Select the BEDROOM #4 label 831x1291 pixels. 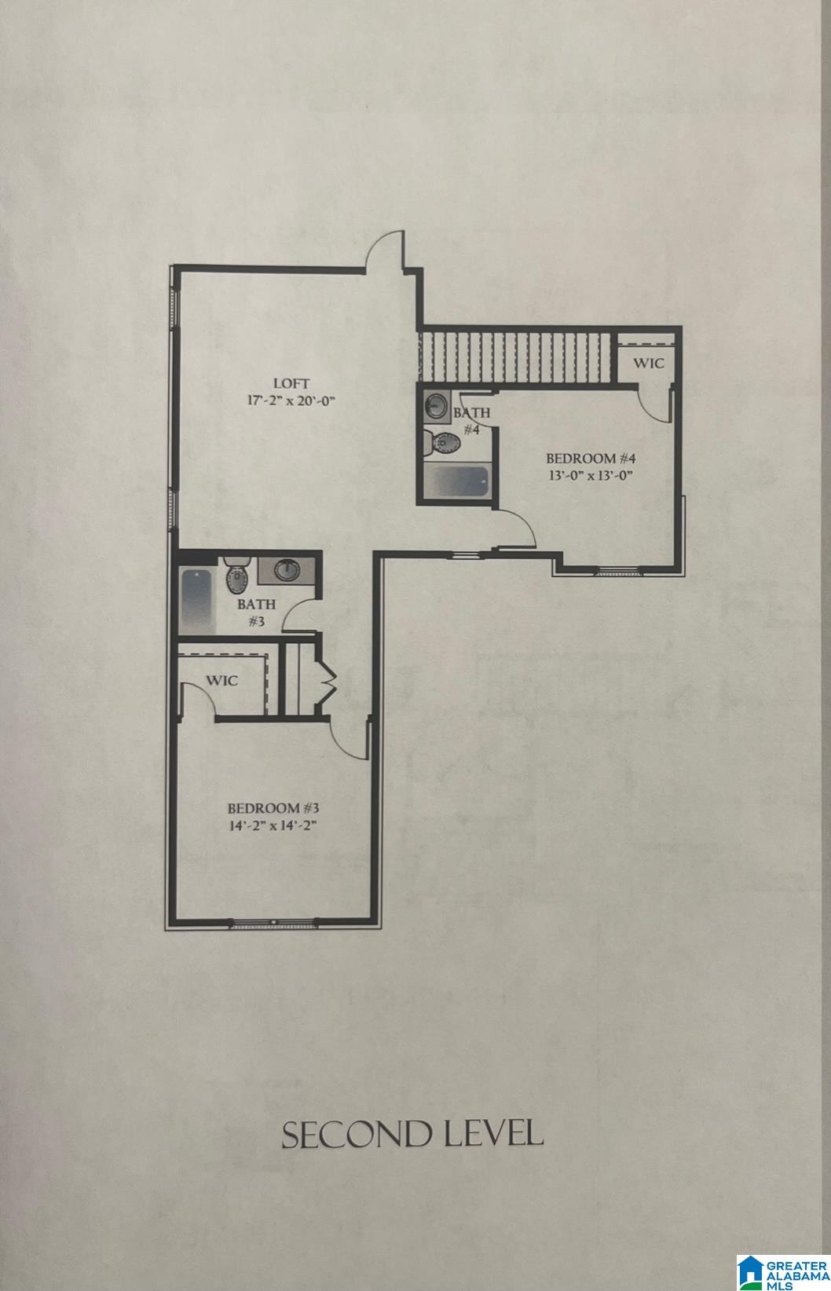click(x=590, y=458)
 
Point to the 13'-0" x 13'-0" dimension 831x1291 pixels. click(x=590, y=474)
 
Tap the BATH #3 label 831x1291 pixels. click(x=256, y=613)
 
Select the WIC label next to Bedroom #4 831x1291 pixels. click(x=649, y=364)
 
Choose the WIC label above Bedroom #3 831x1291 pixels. click(x=222, y=680)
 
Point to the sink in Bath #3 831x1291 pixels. click(x=286, y=569)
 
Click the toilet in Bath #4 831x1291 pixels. click(x=440, y=443)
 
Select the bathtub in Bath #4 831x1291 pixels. click(x=456, y=481)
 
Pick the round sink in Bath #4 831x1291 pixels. click(x=435, y=407)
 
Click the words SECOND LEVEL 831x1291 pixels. click(x=412, y=1135)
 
